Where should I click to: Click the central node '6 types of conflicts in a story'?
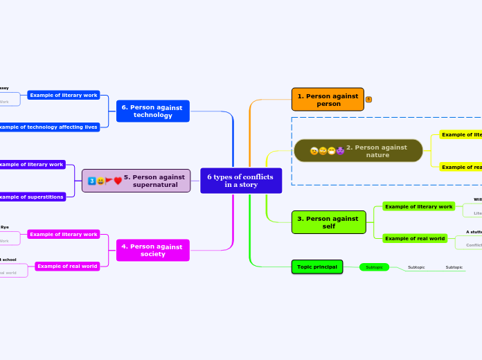click(240, 181)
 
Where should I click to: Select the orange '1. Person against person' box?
click(328, 100)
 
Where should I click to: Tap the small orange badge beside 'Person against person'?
click(368, 100)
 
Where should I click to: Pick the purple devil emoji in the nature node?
click(340, 151)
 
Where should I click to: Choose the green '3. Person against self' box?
click(328, 222)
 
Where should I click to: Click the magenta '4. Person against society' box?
click(152, 250)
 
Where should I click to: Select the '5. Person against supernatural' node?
click(136, 181)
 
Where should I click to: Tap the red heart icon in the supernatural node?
click(118, 181)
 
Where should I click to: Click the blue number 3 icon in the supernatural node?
click(91, 181)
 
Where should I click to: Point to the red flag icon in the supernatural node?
click(109, 181)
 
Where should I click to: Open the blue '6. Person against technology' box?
click(152, 111)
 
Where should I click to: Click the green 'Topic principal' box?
click(316, 267)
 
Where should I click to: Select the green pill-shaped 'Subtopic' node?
click(374, 267)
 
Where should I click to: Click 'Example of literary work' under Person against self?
click(418, 206)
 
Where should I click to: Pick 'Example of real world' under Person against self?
click(415, 238)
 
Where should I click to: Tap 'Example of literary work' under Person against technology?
click(64, 95)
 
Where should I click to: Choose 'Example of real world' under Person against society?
click(67, 266)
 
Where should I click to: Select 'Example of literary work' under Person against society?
click(64, 234)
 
